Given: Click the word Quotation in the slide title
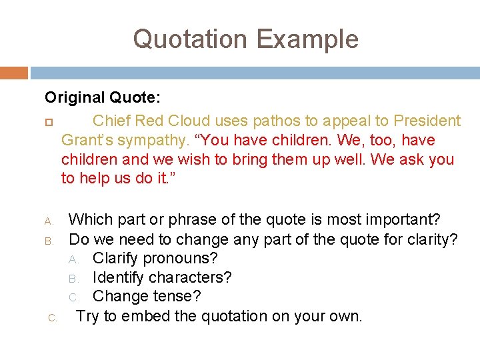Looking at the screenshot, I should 190,39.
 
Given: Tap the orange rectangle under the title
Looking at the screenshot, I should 14,73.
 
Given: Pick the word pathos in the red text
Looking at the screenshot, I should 272,121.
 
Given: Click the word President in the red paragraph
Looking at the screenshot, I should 427,121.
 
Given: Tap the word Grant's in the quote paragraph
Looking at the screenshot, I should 87,140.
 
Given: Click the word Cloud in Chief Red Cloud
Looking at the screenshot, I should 189,121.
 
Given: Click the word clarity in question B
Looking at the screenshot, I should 435,238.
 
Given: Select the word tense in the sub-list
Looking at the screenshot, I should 180,296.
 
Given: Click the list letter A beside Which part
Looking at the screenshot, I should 48,220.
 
